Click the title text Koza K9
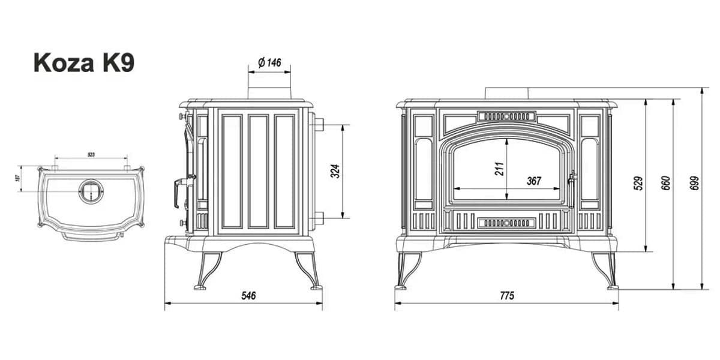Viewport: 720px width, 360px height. pyautogui.click(x=83, y=63)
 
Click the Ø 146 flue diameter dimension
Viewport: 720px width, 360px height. pyautogui.click(x=269, y=63)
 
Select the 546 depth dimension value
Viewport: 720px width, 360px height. pyautogui.click(x=248, y=295)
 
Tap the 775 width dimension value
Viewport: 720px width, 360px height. pyautogui.click(x=506, y=295)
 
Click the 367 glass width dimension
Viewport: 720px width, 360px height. pyautogui.click(x=533, y=181)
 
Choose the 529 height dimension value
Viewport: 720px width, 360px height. pyautogui.click(x=638, y=182)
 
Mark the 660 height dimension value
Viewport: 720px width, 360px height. pyautogui.click(x=665, y=183)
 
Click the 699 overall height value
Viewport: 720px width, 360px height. pyautogui.click(x=695, y=183)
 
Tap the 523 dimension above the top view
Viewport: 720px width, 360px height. pyautogui.click(x=91, y=155)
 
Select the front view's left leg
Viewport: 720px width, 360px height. pyautogui.click(x=410, y=269)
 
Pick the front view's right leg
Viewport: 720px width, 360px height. pyautogui.click(x=604, y=269)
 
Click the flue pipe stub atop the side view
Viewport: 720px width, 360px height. pyautogui.click(x=269, y=91)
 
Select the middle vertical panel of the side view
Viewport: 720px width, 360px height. pyautogui.click(x=259, y=172)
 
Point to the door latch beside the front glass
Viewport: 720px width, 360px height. pyautogui.click(x=572, y=179)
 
